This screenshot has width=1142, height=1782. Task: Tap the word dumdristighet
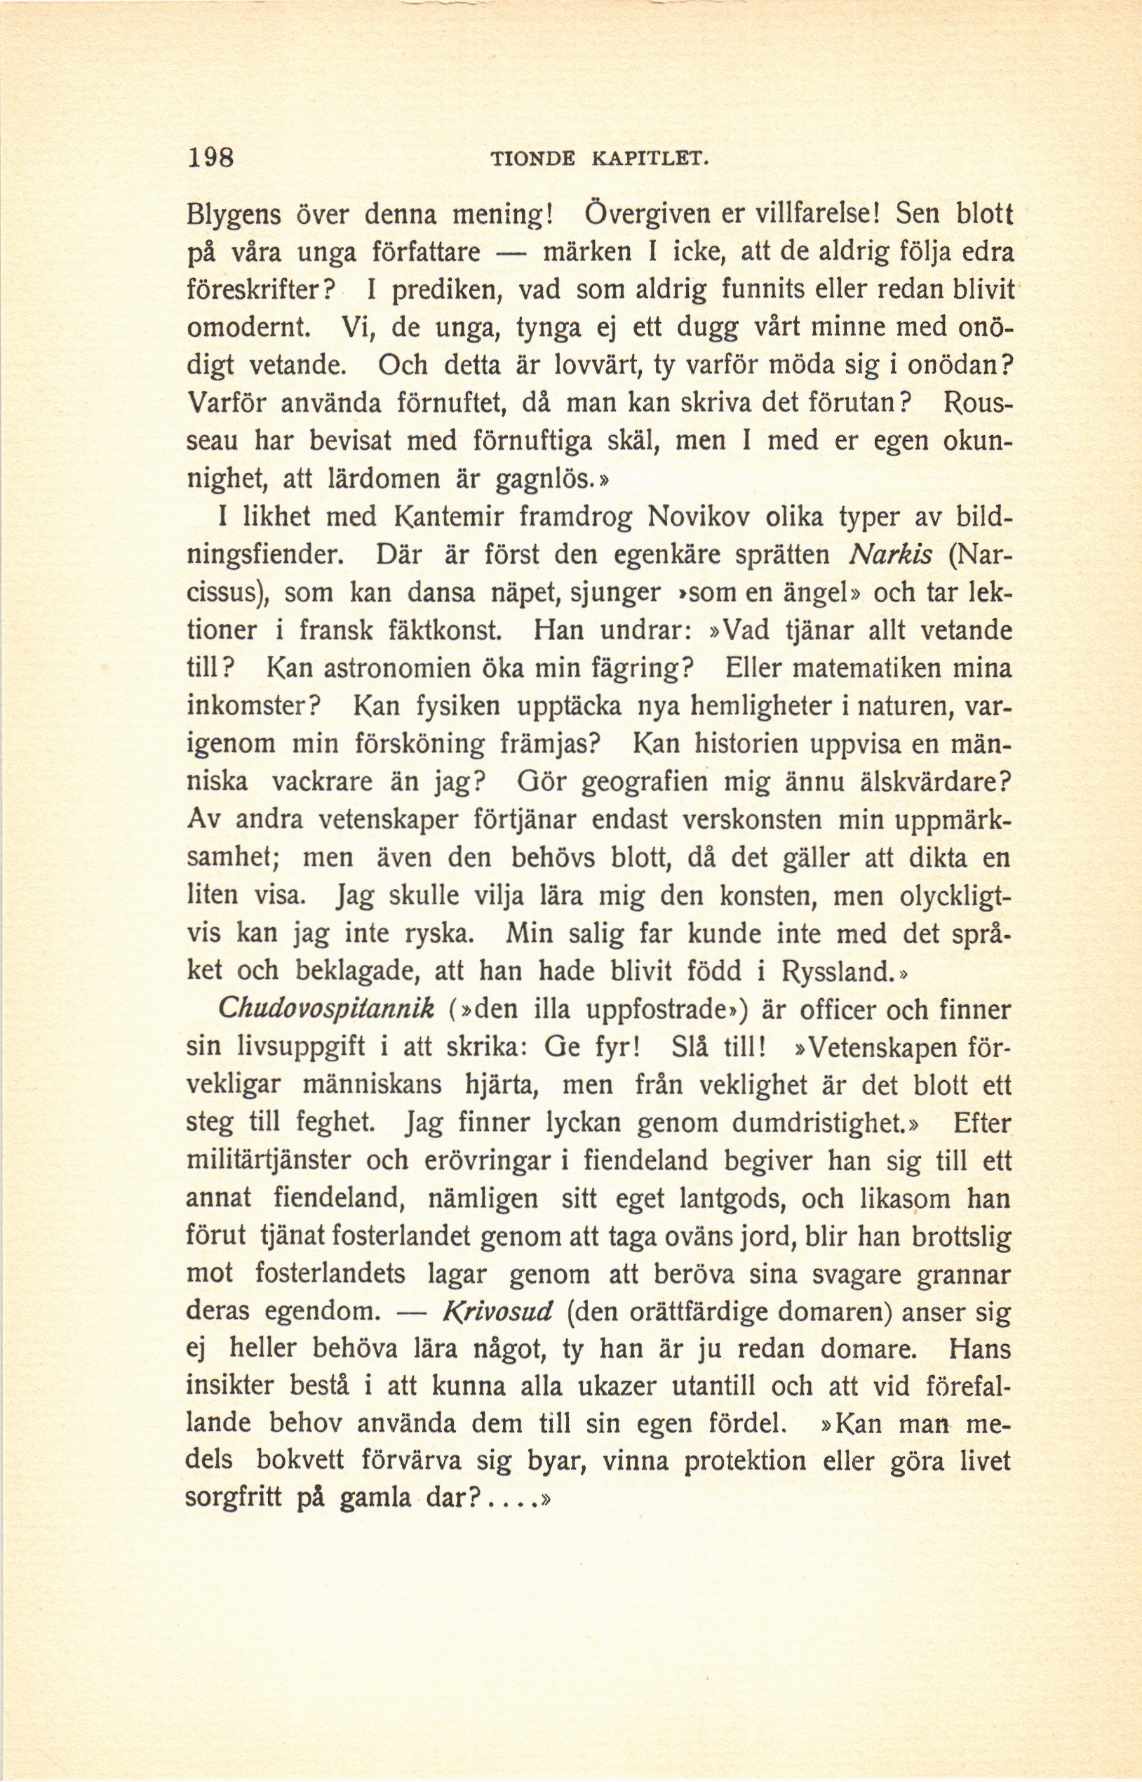814,1123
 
